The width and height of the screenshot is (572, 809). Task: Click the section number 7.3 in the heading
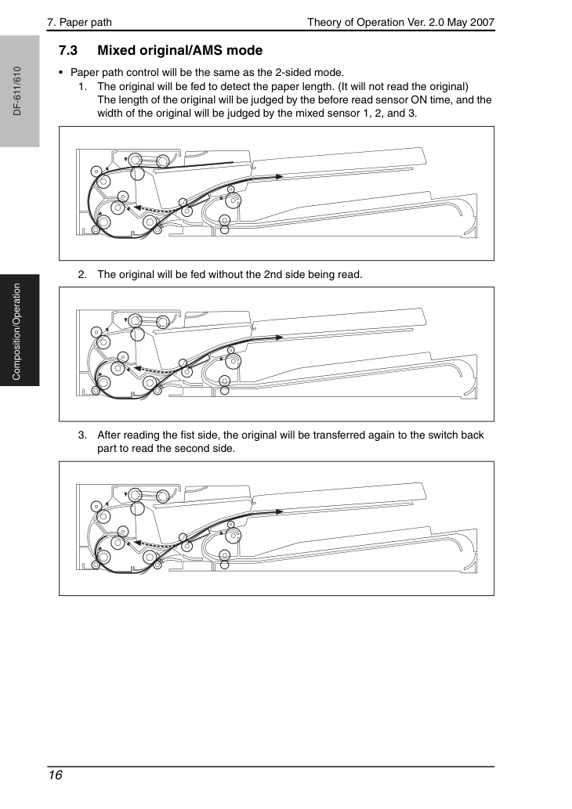(x=68, y=51)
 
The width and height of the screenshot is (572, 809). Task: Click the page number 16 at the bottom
(x=55, y=775)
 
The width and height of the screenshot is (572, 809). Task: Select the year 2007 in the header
(x=482, y=22)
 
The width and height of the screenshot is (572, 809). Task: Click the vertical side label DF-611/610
(x=17, y=91)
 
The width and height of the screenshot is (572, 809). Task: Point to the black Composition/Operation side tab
(x=20, y=330)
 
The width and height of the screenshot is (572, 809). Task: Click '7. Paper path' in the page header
(x=79, y=22)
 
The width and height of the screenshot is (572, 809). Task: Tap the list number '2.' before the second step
(x=82, y=274)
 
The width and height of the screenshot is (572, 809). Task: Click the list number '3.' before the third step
(x=82, y=435)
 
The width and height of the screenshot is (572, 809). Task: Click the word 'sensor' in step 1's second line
(x=391, y=100)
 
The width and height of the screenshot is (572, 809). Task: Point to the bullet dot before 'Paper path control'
(x=61, y=73)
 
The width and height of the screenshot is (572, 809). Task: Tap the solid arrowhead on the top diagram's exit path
(x=279, y=176)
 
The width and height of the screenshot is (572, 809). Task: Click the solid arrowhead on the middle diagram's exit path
(x=279, y=338)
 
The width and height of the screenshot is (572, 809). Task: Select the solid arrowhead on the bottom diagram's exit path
(x=279, y=512)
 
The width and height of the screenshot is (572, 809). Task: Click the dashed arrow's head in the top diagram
(x=138, y=208)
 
